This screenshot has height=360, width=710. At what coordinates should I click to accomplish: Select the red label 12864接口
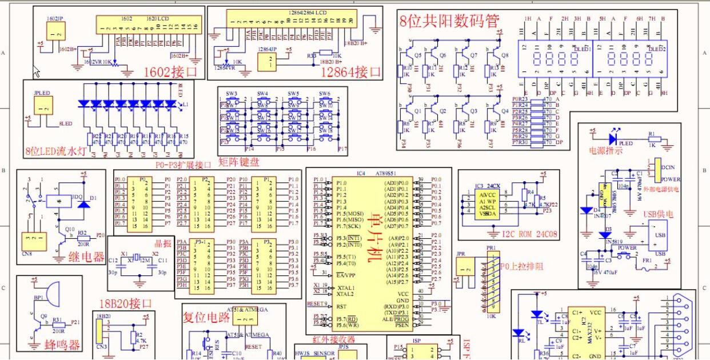tap(350, 71)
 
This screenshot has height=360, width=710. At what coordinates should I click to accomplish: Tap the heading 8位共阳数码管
tap(449, 22)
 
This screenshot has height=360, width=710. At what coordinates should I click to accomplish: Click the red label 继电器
tap(86, 257)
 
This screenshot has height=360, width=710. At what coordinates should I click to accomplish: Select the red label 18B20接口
tap(126, 303)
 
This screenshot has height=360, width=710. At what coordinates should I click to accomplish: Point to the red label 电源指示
tap(605, 151)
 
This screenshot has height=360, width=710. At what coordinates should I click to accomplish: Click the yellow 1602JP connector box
tap(55, 35)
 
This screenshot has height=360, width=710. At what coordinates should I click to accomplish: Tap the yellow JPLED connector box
tap(43, 105)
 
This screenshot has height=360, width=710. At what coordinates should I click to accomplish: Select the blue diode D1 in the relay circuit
tap(83, 203)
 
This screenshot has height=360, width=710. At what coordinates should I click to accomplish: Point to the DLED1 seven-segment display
tap(554, 59)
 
